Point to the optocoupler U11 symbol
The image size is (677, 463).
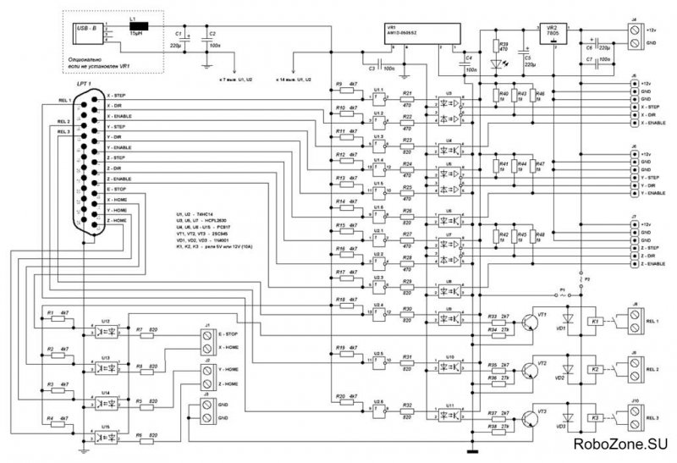[x=449, y=414]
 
